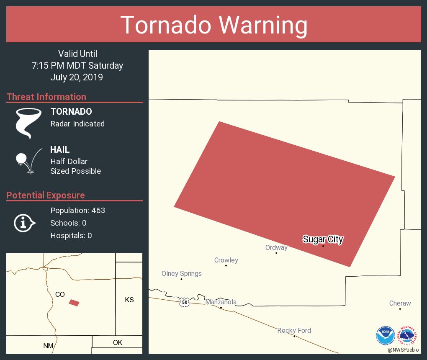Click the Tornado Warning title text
pyautogui.click(x=213, y=25)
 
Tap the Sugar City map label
pyautogui.click(x=323, y=239)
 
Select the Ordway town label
pyautogui.click(x=276, y=247)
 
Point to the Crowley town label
pyautogui.click(x=226, y=260)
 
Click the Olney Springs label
pyautogui.click(x=182, y=273)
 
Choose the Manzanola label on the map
pyautogui.click(x=221, y=302)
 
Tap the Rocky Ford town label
pyautogui.click(x=294, y=330)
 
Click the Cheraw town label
pyautogui.click(x=400, y=303)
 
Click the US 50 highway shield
pyautogui.click(x=185, y=301)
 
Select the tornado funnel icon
pyautogui.click(x=28, y=123)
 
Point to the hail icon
pyautogui.click(x=28, y=161)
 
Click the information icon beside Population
pyautogui.click(x=24, y=223)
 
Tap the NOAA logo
pyautogui.click(x=385, y=335)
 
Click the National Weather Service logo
pyautogui.click(x=409, y=335)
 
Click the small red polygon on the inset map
pyautogui.click(x=74, y=303)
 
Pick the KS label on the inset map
pyautogui.click(x=129, y=300)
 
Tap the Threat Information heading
pyautogui.click(x=46, y=97)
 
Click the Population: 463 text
pyautogui.click(x=77, y=210)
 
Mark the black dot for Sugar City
pyautogui.click(x=323, y=246)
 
